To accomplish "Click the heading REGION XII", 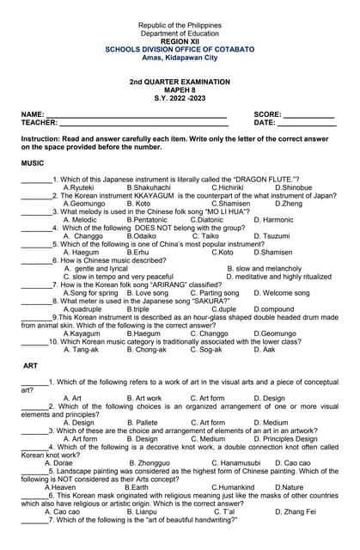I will point(180,41).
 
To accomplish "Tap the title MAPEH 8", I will point(180,89).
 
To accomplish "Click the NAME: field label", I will point(33,114).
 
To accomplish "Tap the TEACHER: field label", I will point(40,123).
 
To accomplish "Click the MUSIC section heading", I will point(33,162).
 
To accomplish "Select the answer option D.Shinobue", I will point(293,187).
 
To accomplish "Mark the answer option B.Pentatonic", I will point(148,220).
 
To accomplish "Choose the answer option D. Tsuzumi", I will point(272,235).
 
